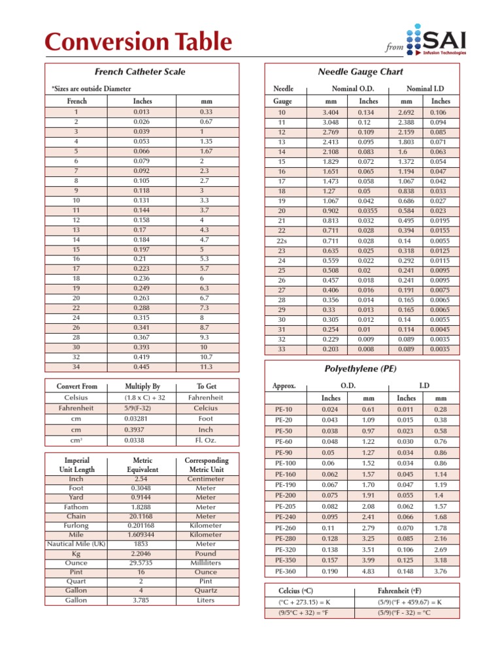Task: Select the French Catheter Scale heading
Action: [x=139, y=72]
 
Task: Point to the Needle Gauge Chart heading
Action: [x=369, y=71]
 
